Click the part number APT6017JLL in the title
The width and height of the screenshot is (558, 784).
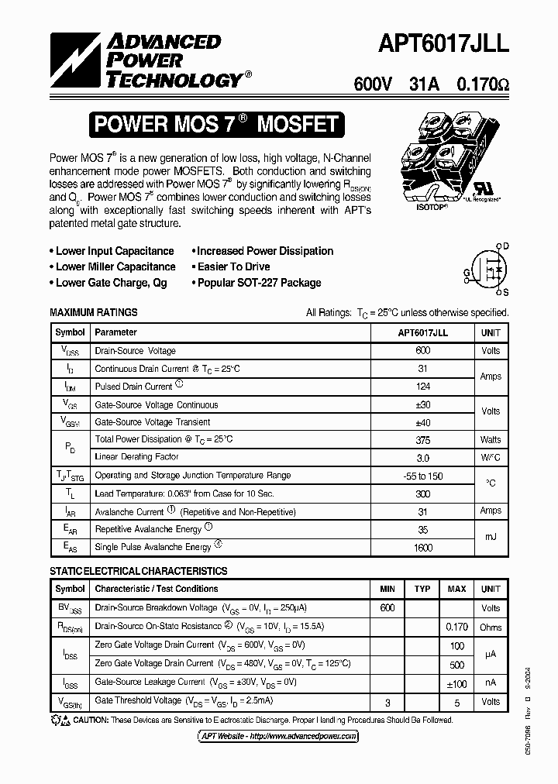point(443,44)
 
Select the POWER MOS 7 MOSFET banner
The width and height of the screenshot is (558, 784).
point(215,124)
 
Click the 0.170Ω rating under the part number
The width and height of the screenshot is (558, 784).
point(482,84)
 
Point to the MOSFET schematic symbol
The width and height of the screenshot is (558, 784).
point(487,268)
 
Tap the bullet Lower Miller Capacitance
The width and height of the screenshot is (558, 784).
point(115,266)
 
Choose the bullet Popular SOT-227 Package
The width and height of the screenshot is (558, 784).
point(258,283)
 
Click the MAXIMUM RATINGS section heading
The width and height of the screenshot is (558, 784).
point(93,312)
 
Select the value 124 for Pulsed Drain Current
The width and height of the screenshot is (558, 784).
point(422,386)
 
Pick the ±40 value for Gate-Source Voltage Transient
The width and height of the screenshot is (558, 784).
point(422,421)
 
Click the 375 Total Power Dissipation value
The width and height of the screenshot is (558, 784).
point(422,439)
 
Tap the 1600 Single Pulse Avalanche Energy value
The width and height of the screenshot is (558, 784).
point(422,546)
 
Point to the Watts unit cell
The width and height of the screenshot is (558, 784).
point(490,439)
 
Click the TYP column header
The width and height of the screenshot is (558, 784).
point(422,589)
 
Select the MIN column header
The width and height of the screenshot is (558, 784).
point(387,589)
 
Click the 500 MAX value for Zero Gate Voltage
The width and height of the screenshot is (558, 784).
point(456,664)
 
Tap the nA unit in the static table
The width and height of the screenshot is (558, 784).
point(490,683)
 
